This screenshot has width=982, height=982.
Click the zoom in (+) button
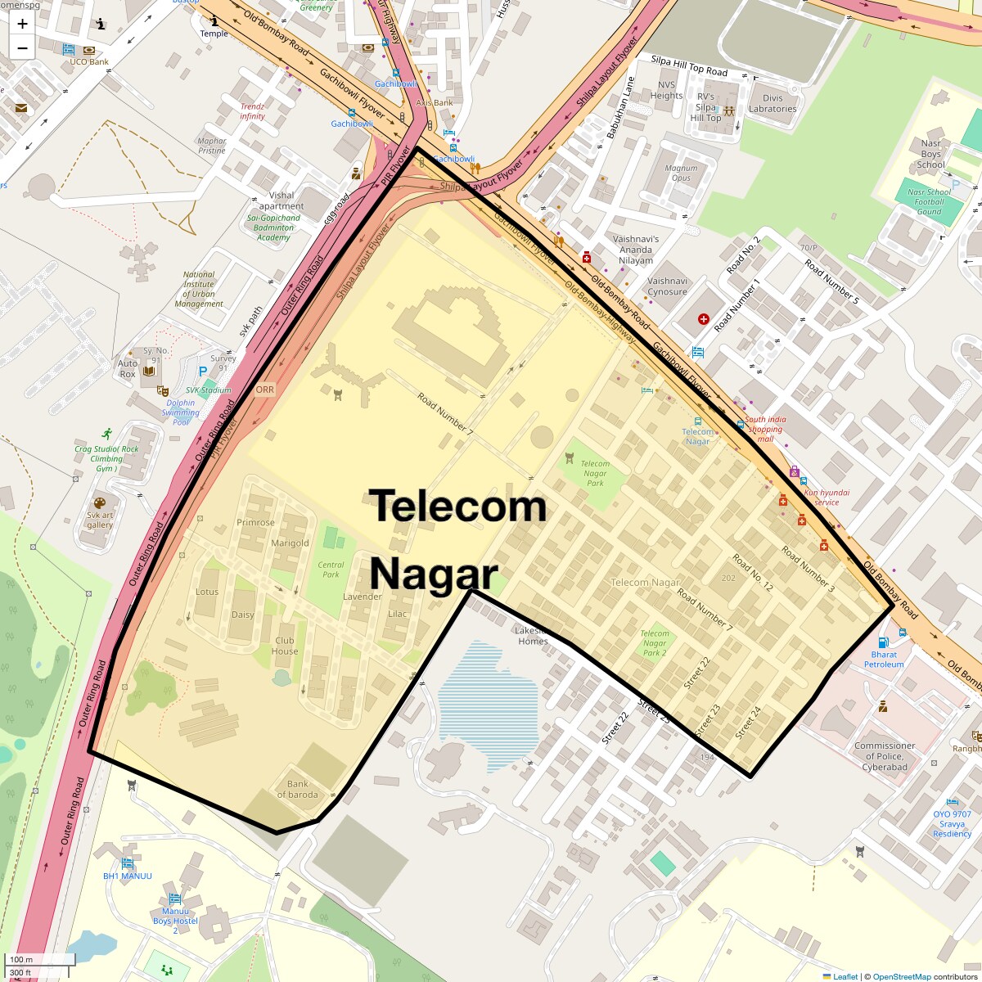[22, 24]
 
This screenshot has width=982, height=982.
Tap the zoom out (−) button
[22, 47]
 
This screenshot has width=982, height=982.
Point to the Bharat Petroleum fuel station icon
[882, 642]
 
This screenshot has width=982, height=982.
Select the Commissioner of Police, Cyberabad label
[885, 756]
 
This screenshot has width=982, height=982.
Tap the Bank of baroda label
[297, 789]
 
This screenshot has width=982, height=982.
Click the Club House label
[285, 646]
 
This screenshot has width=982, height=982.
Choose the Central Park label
[331, 570]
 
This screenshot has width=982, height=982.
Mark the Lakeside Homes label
[533, 636]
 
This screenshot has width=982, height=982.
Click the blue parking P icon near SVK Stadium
[203, 371]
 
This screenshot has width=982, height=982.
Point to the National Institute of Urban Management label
[199, 290]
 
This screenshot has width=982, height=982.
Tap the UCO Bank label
[89, 61]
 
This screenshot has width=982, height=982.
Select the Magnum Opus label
[681, 173]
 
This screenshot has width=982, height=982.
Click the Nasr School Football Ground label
[929, 201]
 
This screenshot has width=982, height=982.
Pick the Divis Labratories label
[773, 103]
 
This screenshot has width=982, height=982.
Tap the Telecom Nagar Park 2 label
[655, 642]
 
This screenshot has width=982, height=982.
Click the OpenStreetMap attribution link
[901, 976]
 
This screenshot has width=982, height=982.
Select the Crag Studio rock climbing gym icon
[106, 433]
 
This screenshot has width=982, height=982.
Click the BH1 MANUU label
[128, 876]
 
